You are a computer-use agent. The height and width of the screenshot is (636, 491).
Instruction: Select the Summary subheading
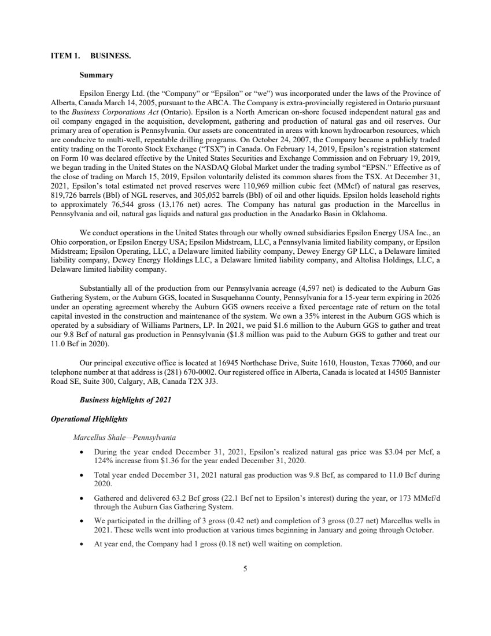click(x=96, y=75)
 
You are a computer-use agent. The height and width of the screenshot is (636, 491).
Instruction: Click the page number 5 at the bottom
click(x=245, y=569)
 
